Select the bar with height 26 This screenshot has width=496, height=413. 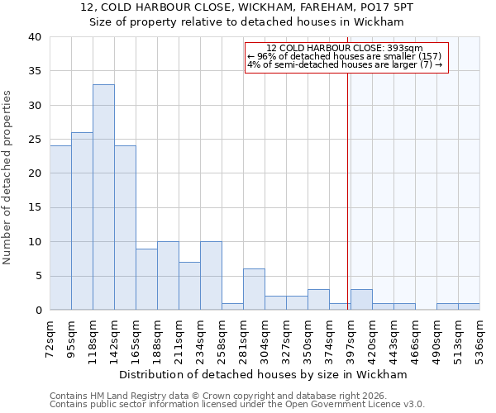(x=82, y=221)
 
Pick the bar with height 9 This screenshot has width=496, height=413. (x=146, y=279)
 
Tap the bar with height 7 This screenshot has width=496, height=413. (x=189, y=286)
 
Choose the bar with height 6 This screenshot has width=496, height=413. (x=254, y=289)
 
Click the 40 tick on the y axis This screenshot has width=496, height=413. (x=34, y=37)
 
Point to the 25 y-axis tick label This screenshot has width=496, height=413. (x=34, y=140)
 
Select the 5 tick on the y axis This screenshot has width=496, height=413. (x=37, y=276)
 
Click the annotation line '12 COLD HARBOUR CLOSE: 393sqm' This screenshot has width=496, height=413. (x=345, y=48)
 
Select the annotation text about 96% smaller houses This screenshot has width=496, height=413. (x=345, y=56)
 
